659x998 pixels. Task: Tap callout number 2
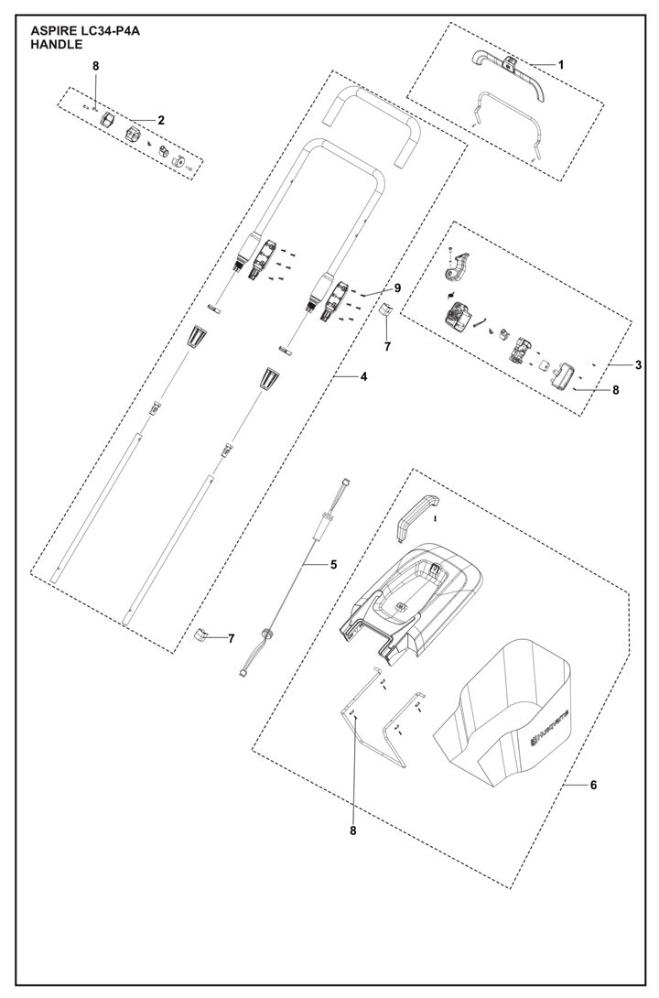pos(160,120)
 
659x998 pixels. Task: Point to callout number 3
pos(638,365)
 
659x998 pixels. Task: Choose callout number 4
pos(363,376)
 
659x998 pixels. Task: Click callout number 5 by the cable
pos(334,565)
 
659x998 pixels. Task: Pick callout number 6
pos(593,785)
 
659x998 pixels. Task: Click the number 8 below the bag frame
pos(352,830)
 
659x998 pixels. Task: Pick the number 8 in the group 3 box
pos(615,389)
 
